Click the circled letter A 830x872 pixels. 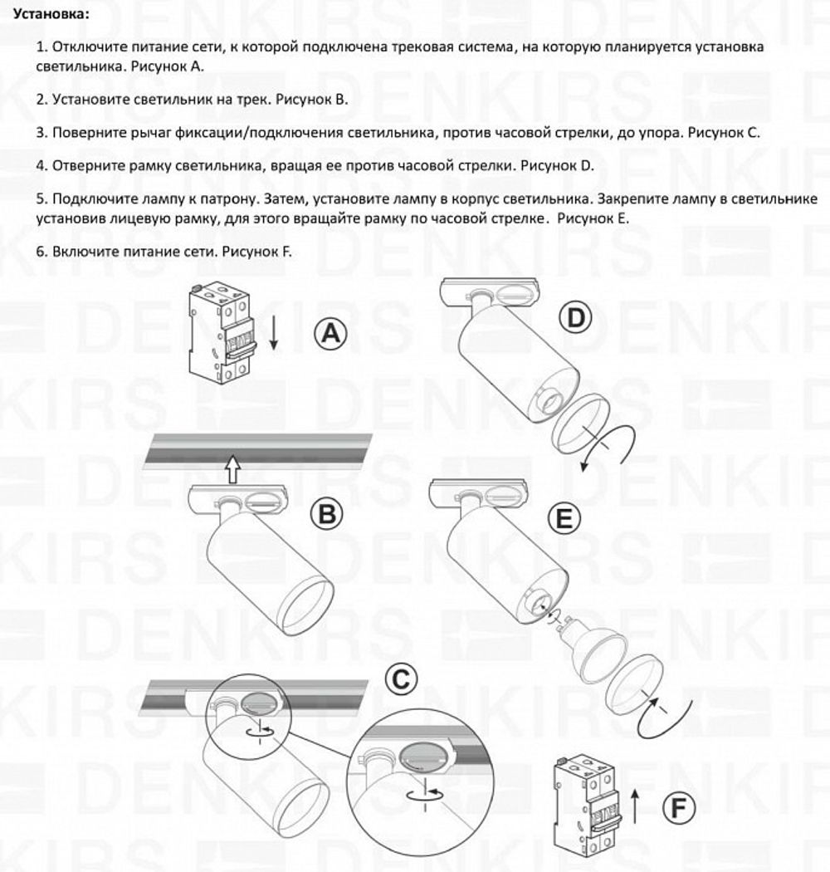[x=330, y=335]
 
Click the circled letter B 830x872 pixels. [x=327, y=514]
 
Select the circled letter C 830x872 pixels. [x=401, y=681]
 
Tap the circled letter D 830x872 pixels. [x=574, y=318]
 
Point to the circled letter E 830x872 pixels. [x=564, y=520]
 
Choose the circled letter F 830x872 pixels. [x=680, y=807]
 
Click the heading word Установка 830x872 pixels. [x=47, y=15]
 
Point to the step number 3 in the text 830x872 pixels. [x=41, y=132]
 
